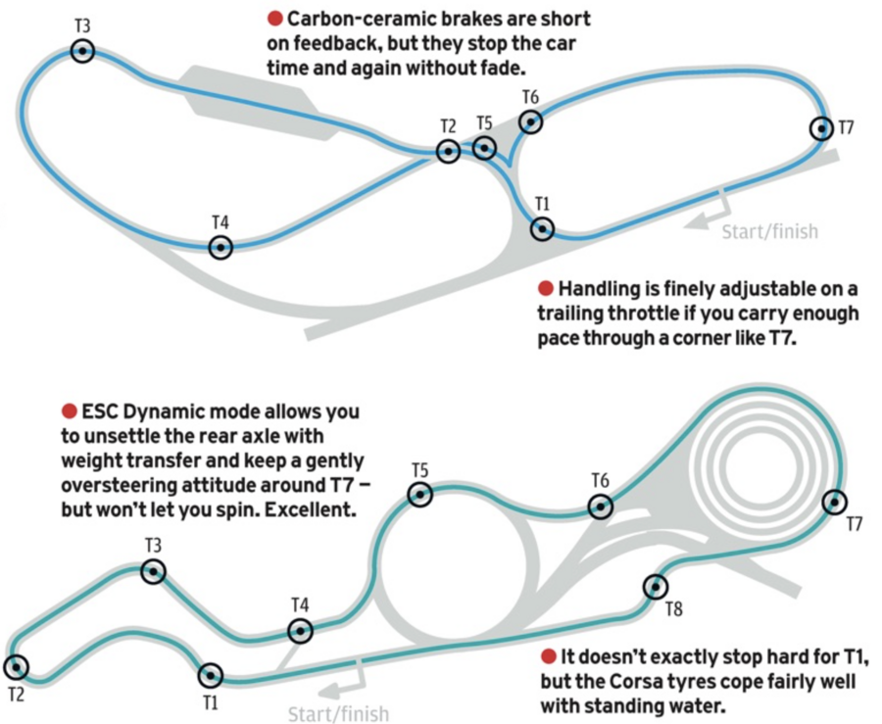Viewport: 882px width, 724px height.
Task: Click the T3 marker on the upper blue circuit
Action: [x=83, y=51]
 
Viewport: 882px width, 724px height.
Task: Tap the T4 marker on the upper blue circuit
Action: [x=221, y=247]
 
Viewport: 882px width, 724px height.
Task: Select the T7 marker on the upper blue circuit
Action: [x=821, y=128]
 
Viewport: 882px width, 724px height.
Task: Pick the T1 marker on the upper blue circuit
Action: [x=542, y=228]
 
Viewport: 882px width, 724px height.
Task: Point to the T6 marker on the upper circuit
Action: [x=530, y=121]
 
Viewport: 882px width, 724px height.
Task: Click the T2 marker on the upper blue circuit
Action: [x=448, y=151]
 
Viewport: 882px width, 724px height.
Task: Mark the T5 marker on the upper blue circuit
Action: [x=484, y=148]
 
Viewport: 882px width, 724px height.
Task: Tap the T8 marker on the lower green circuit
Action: [x=655, y=587]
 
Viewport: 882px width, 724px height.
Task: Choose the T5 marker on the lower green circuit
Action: [x=420, y=495]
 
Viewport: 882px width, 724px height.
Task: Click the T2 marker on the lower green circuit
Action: [x=16, y=667]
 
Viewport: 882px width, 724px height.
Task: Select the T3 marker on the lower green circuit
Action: [x=153, y=571]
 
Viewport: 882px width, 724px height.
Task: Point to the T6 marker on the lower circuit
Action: [x=600, y=507]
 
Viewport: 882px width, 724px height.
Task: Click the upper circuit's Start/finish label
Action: [x=769, y=232]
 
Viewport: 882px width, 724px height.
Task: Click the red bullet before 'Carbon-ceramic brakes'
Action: [x=275, y=20]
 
